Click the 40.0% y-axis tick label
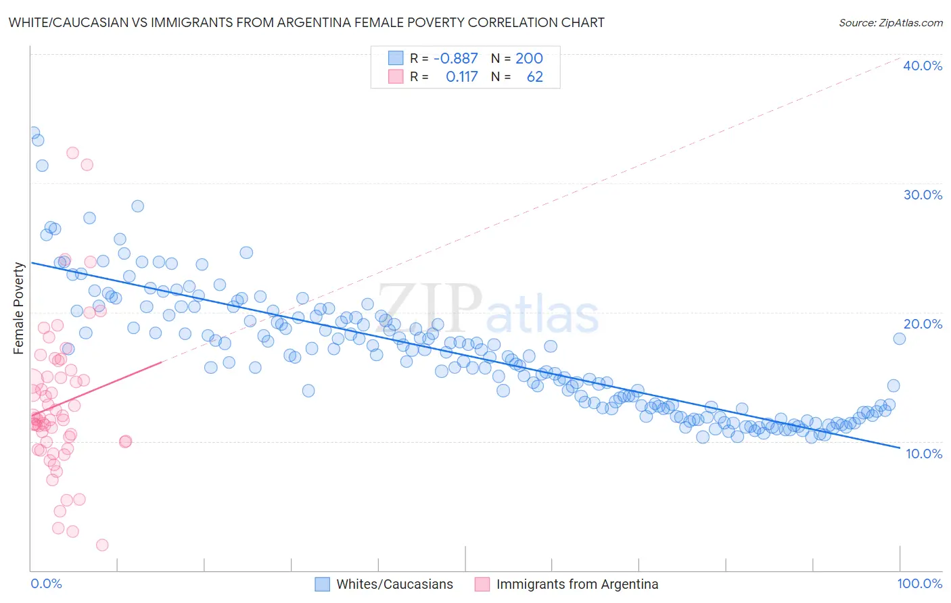pyautogui.click(x=922, y=66)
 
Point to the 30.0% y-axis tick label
pyautogui.click(x=922, y=195)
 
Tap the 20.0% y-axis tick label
pyautogui.click(x=922, y=324)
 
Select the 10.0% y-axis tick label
pyautogui.click(x=923, y=454)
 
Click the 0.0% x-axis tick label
pyautogui.click(x=46, y=583)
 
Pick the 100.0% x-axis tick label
pyautogui.click(x=919, y=583)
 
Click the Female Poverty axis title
pyautogui.click(x=19, y=308)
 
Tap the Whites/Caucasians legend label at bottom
pyautogui.click(x=394, y=584)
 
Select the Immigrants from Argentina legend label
pyautogui.click(x=577, y=584)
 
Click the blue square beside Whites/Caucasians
pyautogui.click(x=323, y=584)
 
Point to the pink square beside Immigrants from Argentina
pyautogui.click(x=482, y=584)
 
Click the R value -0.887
pyautogui.click(x=455, y=58)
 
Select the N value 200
pyautogui.click(x=529, y=58)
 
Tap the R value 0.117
pyautogui.click(x=461, y=76)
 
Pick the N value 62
pyautogui.click(x=534, y=76)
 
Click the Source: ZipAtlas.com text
pyautogui.click(x=890, y=22)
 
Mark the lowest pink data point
pyautogui.click(x=102, y=545)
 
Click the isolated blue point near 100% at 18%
pyautogui.click(x=899, y=339)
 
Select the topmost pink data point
pyautogui.click(x=72, y=153)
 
